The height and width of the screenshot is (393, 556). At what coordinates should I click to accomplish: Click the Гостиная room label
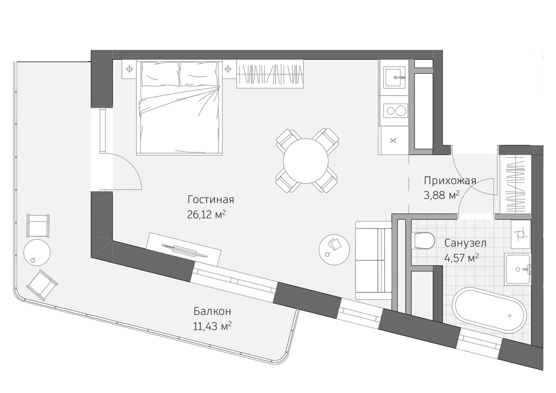pyautogui.click(x=210, y=200)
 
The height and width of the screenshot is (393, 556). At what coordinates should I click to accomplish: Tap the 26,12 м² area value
pyautogui.click(x=206, y=215)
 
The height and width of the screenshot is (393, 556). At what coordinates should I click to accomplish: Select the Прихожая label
pyautogui.click(x=450, y=181)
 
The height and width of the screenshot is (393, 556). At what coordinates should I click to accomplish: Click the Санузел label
pyautogui.click(x=465, y=243)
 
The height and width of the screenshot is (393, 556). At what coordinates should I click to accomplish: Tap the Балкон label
pyautogui.click(x=212, y=311)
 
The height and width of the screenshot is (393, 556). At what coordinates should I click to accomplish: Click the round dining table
pyautogui.click(x=306, y=161)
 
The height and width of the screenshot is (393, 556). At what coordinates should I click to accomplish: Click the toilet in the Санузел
pyautogui.click(x=424, y=241)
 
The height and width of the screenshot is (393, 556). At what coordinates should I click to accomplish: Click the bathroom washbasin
pyautogui.click(x=518, y=269)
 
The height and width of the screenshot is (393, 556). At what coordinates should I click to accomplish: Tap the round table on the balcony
pyautogui.click(x=37, y=252)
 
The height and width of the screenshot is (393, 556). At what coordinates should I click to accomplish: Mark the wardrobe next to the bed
pyautogui.click(x=270, y=74)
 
